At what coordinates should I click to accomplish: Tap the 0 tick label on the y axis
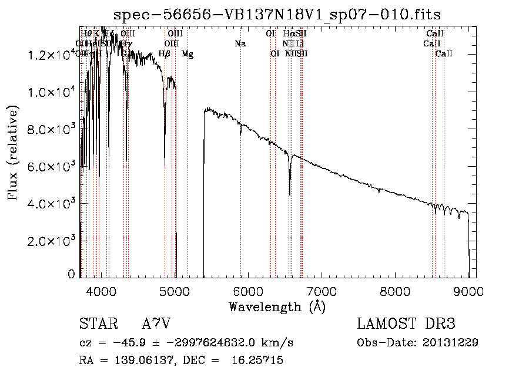(71, 274)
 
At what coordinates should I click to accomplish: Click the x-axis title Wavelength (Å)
(277, 306)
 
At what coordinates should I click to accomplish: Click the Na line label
(240, 43)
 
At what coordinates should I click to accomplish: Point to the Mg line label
(187, 54)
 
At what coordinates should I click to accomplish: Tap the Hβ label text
(165, 54)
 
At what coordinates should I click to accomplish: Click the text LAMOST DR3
(406, 325)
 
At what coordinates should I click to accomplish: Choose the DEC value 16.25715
(260, 360)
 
